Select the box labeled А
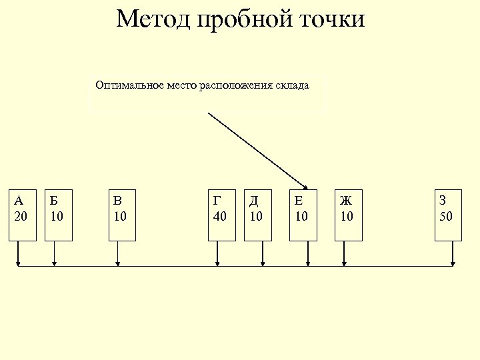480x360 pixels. pyautogui.click(x=22, y=215)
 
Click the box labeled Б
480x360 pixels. pyautogui.click(x=58, y=215)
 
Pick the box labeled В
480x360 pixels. pyautogui.click(x=122, y=215)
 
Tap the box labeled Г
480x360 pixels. pyautogui.click(x=221, y=215)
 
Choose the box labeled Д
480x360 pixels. pyautogui.click(x=258, y=215)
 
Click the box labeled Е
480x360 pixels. pyautogui.click(x=303, y=215)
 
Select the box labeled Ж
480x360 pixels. pyautogui.click(x=349, y=215)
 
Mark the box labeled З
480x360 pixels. pyautogui.click(x=448, y=215)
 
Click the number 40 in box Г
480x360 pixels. pyautogui.click(x=219, y=216)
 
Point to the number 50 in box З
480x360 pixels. pyautogui.click(x=446, y=216)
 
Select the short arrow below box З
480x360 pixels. pyautogui.click(x=453, y=254)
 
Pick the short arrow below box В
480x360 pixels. pyautogui.click(x=118, y=254)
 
